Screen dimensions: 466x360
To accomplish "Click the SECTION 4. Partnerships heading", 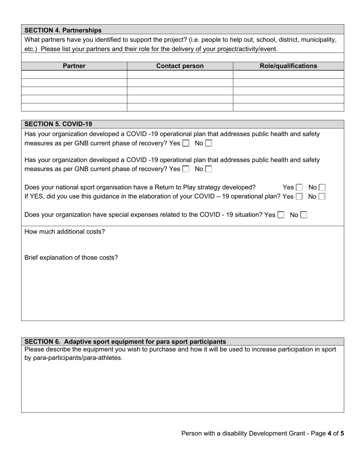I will tap(63, 30).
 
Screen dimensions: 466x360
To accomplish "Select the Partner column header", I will tap(74, 66).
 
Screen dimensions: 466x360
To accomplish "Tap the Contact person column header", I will tap(180, 66).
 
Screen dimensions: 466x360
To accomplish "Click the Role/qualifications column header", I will tap(288, 66).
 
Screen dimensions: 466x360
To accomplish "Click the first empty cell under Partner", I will tap(74, 75).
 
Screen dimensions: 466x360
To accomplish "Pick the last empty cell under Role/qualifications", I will tap(288, 107).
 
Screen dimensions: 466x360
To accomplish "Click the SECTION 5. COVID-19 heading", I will tap(58, 124).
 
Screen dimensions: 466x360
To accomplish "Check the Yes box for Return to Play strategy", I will tap(299, 188).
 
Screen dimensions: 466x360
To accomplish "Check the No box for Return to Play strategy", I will tap(322, 188).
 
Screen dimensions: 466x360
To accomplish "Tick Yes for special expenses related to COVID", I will tap(281, 215).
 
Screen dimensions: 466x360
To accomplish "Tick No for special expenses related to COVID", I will tap(304, 215).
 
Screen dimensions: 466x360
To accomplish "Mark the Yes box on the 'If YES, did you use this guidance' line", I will tap(299, 197).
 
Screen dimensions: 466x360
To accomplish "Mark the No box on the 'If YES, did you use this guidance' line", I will tap(322, 197).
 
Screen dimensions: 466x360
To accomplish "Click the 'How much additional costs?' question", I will tap(65, 231).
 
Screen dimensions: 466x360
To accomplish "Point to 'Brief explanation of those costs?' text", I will tap(71, 258).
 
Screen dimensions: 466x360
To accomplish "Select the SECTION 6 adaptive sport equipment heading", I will tap(125, 341).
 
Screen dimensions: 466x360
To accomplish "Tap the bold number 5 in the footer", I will tap(342, 433).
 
